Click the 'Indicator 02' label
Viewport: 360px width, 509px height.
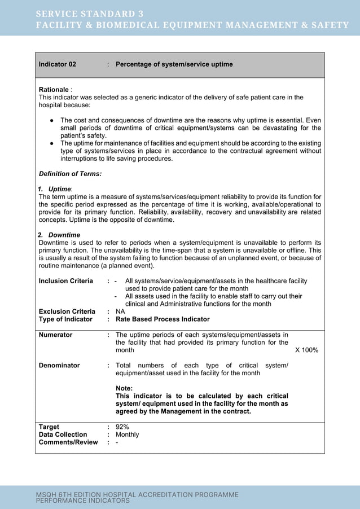57,64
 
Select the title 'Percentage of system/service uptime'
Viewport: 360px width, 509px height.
174,64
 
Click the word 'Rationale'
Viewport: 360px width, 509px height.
53,90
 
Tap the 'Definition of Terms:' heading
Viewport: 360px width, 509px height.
70,174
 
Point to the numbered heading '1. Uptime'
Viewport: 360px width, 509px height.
55,188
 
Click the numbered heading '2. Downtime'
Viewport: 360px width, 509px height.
59,235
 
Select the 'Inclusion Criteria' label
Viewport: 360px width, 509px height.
65,281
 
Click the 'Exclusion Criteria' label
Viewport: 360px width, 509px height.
67,311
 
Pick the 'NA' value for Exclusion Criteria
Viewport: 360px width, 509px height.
120,311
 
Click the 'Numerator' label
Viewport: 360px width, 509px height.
55,335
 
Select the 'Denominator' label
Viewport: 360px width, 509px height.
59,366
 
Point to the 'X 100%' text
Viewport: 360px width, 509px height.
307,350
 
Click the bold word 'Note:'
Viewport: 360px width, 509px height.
124,388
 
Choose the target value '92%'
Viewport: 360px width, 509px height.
122,427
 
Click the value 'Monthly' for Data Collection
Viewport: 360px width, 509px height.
127,435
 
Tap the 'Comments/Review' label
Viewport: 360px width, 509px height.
68,442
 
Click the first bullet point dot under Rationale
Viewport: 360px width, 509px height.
51,121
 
